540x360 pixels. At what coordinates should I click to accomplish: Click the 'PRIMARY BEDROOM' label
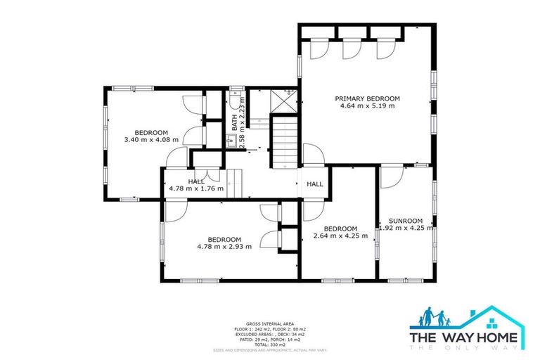pyautogui.click(x=367, y=98)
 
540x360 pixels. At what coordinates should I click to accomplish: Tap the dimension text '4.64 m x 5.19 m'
pyautogui.click(x=367, y=106)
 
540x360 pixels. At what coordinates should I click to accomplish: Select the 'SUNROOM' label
pyautogui.click(x=405, y=219)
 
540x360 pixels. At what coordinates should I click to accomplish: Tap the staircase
pyautogui.click(x=285, y=141)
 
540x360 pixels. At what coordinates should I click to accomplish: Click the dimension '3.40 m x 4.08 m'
pyautogui.click(x=151, y=140)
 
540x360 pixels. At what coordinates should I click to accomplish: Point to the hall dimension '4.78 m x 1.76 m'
pyautogui.click(x=196, y=188)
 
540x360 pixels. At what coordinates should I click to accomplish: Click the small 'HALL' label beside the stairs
pyautogui.click(x=314, y=184)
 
